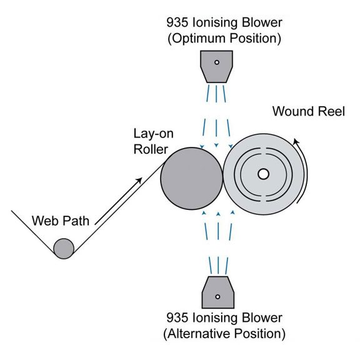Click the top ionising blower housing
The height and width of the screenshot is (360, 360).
[x=216, y=67]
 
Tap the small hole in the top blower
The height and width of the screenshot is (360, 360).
[x=216, y=62]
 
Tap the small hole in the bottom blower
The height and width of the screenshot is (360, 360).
[x=216, y=296]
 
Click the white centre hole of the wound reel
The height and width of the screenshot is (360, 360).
[x=262, y=174]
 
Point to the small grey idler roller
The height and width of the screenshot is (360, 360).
[x=64, y=248]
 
